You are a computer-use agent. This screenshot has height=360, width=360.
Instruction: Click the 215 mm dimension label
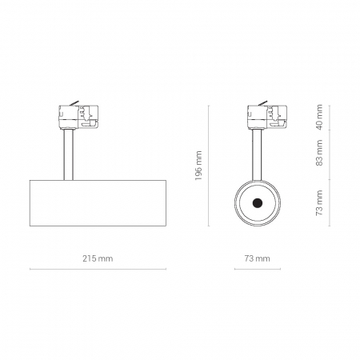click(98, 258)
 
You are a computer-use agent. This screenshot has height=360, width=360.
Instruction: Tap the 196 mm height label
click(198, 166)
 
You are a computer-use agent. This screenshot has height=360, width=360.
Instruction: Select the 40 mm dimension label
click(319, 117)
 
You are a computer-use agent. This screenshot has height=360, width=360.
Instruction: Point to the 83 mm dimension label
click(319, 153)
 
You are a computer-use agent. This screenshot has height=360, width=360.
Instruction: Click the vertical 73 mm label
click(319, 202)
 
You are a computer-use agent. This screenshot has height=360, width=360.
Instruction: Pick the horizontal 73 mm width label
click(258, 258)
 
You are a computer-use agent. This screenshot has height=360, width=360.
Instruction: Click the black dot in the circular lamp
click(258, 203)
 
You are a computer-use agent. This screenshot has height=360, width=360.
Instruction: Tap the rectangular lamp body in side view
click(98, 203)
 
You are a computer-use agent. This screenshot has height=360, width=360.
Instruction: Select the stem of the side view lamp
click(68, 154)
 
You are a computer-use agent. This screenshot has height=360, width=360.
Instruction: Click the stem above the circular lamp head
click(257, 154)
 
